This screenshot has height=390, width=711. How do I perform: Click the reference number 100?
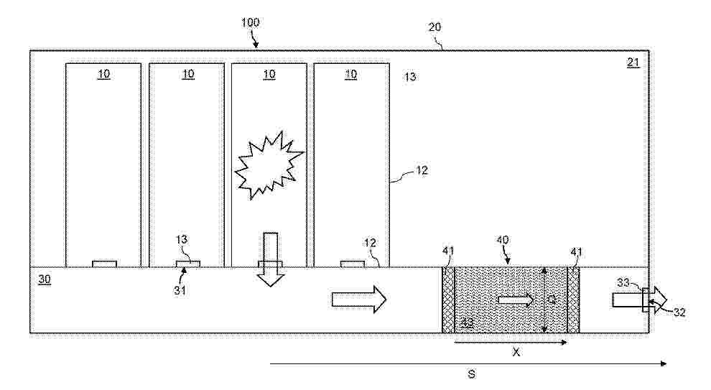click(250, 23)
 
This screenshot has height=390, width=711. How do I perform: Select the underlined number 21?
click(633, 62)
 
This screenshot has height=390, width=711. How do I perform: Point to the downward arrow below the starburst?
click(270, 259)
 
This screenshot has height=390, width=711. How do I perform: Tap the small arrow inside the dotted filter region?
click(516, 299)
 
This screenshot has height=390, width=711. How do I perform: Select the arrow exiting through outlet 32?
click(639, 298)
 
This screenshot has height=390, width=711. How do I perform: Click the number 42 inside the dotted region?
click(467, 322)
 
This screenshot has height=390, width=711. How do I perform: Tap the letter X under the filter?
click(516, 353)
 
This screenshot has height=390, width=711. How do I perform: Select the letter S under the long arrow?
click(471, 374)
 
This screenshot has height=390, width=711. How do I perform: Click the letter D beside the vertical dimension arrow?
click(552, 298)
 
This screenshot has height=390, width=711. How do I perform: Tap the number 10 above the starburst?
click(269, 74)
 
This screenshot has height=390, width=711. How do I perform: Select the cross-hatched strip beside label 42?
click(449, 300)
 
